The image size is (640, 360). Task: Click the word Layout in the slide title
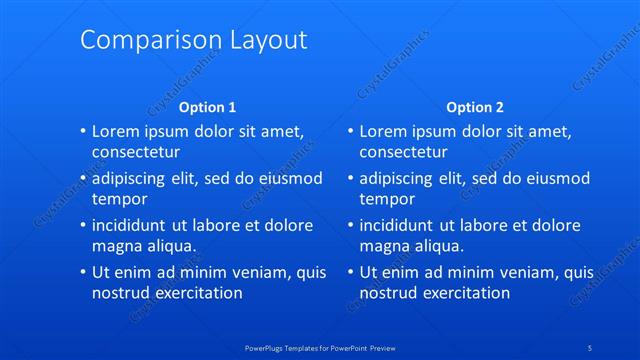tap(265, 40)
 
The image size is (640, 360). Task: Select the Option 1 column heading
tap(207, 107)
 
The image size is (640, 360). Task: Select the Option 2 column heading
tap(475, 107)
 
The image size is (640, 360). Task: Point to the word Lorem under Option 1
tap(114, 131)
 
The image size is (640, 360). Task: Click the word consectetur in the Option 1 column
tap(136, 153)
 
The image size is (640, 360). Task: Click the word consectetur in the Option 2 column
tap(403, 153)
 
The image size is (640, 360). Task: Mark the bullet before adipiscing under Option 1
tap(82, 178)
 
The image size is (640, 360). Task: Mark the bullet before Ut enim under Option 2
tap(349, 272)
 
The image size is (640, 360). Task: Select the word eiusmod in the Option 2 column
tap(555, 178)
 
